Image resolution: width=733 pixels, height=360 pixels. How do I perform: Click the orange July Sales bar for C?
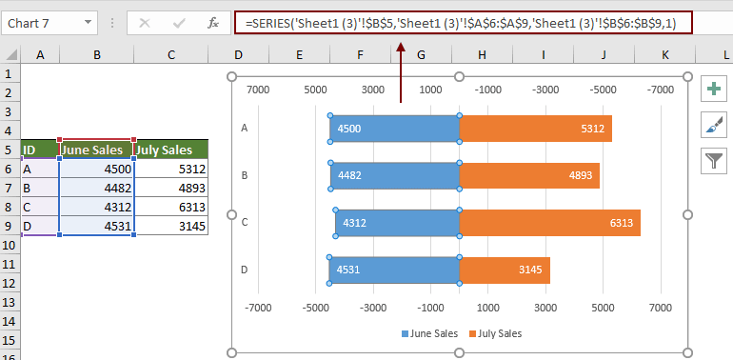[x=549, y=223]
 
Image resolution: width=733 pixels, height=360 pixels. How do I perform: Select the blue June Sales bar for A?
[x=395, y=129]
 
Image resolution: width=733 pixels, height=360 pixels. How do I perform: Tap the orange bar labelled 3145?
[x=505, y=270]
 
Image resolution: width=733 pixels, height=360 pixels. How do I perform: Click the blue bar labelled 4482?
[x=395, y=175]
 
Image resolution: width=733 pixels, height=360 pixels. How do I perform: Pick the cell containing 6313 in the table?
[x=171, y=207]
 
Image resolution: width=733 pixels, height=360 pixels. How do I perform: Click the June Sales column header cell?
[x=96, y=150]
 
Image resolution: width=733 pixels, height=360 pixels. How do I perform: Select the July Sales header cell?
[x=171, y=150]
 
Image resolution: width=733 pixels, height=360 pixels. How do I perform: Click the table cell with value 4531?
[x=96, y=226]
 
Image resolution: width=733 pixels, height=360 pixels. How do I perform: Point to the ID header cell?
[x=40, y=150]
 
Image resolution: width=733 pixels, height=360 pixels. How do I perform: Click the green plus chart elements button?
[x=713, y=89]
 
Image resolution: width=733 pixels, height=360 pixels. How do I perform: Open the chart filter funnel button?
[x=713, y=160]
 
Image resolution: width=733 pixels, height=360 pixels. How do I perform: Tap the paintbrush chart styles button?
[x=713, y=125]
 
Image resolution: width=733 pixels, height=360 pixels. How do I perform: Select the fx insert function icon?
[x=214, y=22]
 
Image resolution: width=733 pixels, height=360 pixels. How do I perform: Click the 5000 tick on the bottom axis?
[x=604, y=308]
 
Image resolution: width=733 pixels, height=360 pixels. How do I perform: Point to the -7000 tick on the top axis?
[x=662, y=89]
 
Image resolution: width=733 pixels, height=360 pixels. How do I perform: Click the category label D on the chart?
[x=245, y=270]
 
